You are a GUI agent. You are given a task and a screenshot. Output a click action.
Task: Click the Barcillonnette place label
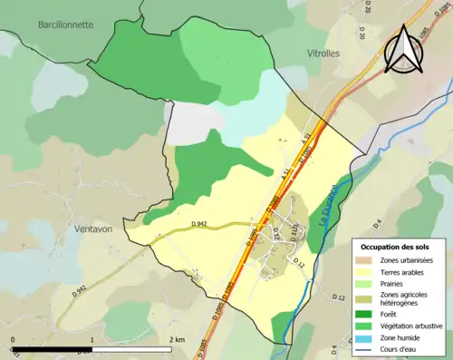coord(66,24)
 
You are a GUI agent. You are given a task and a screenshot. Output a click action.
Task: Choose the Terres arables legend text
coord(402,271)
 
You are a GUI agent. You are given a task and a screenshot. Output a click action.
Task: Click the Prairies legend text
coord(392,283)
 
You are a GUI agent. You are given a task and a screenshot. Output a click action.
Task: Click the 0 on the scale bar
coord(13,339)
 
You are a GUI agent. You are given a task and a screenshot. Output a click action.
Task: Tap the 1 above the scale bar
coord(92,339)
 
